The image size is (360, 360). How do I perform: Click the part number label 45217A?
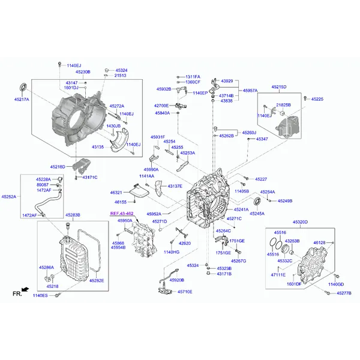pyautogui.click(x=22, y=100)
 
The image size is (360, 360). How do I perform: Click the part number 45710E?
pyautogui.click(x=184, y=292)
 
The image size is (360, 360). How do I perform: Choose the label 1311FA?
pyautogui.click(x=193, y=77)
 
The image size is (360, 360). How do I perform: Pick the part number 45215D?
pyautogui.click(x=279, y=87)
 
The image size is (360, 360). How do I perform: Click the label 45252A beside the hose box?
pyautogui.click(x=9, y=196)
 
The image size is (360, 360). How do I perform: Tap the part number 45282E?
pyautogui.click(x=97, y=280)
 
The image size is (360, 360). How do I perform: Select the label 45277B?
pyautogui.click(x=344, y=293)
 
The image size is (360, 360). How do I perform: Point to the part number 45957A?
pyautogui.click(x=250, y=91)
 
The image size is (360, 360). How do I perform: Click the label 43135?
pyautogui.click(x=98, y=147)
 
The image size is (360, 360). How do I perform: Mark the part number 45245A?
pyautogui.click(x=257, y=214)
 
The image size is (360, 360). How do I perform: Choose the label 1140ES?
pyautogui.click(x=40, y=296)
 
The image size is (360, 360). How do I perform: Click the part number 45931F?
pyautogui.click(x=158, y=137)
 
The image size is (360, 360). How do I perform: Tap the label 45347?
pyautogui.click(x=262, y=139)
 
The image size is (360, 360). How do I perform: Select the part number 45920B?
pyautogui.click(x=177, y=280)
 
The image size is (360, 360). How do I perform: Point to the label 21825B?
pyautogui.click(x=284, y=105)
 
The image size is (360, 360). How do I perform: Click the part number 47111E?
pyautogui.click(x=278, y=274)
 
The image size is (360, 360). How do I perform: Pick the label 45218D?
pyautogui.click(x=58, y=167)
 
